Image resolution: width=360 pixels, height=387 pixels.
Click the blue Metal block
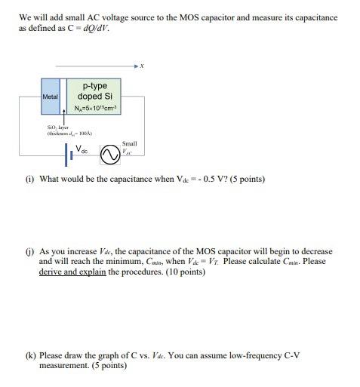[51, 96]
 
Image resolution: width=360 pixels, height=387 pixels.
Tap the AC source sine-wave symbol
[111, 155]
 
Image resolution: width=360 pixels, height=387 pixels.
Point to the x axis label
[142, 66]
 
